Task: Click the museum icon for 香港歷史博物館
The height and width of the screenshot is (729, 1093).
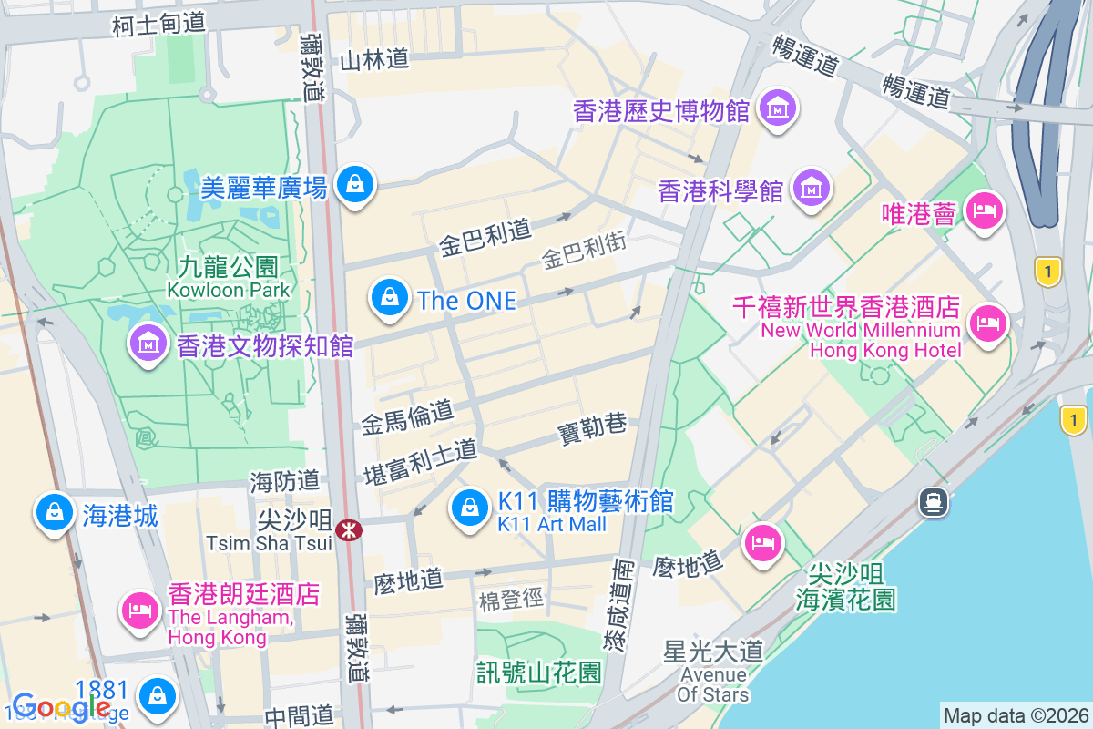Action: tap(778, 110)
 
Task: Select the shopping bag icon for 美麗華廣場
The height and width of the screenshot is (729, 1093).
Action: tap(353, 185)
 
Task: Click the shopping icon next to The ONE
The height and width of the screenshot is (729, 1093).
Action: tap(390, 298)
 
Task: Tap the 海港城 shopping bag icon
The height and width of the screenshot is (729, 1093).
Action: tap(55, 513)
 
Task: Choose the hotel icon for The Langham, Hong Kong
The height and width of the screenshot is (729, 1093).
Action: tap(140, 608)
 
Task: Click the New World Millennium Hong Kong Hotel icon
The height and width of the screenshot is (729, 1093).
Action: tap(987, 323)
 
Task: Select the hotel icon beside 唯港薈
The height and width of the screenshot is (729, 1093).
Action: tap(984, 211)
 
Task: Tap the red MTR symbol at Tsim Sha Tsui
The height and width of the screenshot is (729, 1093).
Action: tap(348, 529)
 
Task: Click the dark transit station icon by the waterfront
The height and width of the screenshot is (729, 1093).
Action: tap(935, 501)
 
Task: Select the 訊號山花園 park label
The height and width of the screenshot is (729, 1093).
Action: tap(539, 673)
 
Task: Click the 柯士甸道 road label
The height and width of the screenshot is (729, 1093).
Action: tap(159, 25)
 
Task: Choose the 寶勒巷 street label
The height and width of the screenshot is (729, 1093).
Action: tap(592, 426)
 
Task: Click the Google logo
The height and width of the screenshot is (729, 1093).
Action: tap(62, 706)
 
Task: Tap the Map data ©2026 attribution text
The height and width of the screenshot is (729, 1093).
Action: tap(1015, 715)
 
